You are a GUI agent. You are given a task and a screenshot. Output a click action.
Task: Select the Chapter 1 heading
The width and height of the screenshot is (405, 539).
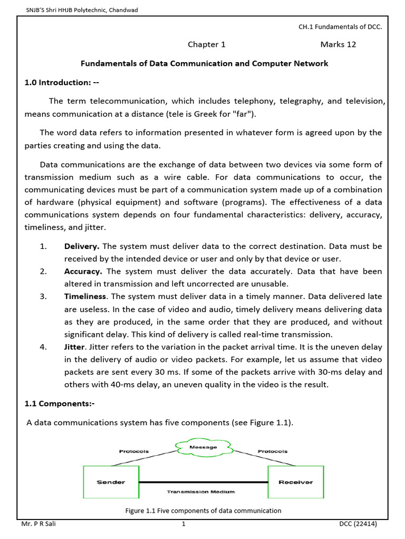click(206, 44)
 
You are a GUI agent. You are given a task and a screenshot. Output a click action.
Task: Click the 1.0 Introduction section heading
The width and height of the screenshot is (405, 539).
click(62, 83)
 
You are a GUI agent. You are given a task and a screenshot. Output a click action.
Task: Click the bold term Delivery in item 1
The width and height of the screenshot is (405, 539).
click(82, 246)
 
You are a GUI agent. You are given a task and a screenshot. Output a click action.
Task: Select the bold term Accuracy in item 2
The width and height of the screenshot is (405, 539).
click(84, 272)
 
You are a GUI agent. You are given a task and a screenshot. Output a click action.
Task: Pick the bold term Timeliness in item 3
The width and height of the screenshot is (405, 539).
click(85, 297)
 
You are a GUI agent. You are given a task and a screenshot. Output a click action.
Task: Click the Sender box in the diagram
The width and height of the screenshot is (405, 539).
click(110, 482)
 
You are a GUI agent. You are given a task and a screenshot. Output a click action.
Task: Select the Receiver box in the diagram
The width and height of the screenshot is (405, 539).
click(295, 482)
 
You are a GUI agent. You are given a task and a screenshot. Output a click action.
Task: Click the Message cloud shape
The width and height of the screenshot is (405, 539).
click(203, 447)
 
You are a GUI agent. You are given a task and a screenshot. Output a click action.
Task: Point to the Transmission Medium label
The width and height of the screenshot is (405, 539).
click(200, 492)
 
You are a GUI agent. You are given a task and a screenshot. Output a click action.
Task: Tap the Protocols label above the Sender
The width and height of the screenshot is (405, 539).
click(134, 451)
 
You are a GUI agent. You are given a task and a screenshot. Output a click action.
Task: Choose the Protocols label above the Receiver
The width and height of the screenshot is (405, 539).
click(273, 451)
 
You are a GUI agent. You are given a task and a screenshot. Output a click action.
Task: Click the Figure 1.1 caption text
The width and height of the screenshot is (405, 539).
click(203, 511)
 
